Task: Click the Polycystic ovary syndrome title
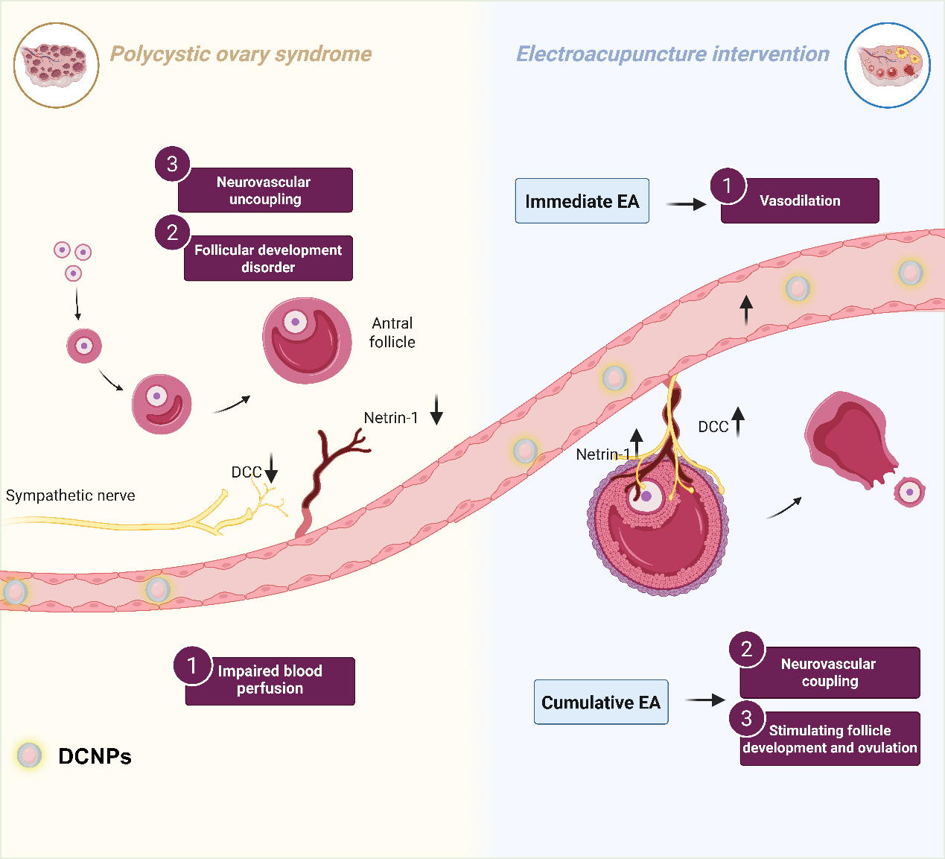click(x=241, y=54)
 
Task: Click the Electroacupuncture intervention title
click(x=672, y=54)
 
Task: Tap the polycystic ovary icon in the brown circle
click(x=56, y=66)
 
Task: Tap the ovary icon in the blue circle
click(x=888, y=66)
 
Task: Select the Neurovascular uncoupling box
click(x=265, y=191)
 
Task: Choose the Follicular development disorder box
click(x=268, y=259)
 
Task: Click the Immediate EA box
click(x=582, y=201)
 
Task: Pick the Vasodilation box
click(x=800, y=201)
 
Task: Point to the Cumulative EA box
click(x=601, y=703)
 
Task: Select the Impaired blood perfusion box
click(x=270, y=680)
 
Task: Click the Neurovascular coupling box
click(x=830, y=672)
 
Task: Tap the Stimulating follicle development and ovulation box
click(x=830, y=739)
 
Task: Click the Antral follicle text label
click(x=392, y=333)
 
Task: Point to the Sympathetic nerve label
click(x=71, y=495)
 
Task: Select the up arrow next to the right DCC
click(x=738, y=422)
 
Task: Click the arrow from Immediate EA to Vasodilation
click(x=686, y=204)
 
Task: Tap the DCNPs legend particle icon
click(x=30, y=755)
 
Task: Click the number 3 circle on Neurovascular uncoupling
click(x=172, y=164)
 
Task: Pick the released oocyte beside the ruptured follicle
click(x=909, y=492)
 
